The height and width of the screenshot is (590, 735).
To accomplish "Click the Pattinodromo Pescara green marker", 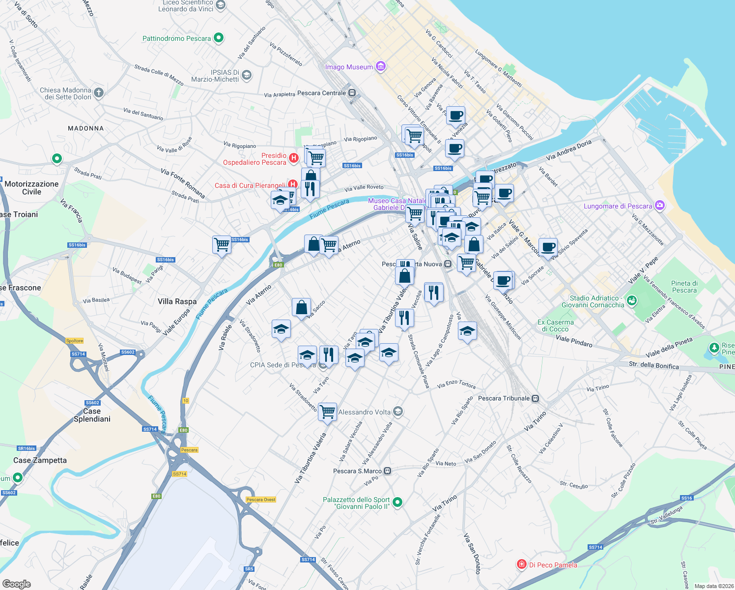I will click(x=219, y=38).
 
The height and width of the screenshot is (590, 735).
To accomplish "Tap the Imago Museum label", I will click(x=349, y=67).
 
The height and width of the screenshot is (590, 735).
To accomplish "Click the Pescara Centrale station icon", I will click(x=352, y=93).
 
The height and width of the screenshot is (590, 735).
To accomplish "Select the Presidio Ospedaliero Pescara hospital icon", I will click(x=293, y=158).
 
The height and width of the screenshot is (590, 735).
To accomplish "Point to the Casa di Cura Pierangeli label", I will click(x=250, y=185).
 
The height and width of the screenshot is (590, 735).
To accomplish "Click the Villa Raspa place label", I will click(x=177, y=301).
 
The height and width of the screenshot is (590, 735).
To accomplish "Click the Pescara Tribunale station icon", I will click(x=536, y=398).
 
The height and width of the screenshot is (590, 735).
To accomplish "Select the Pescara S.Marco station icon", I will click(x=388, y=471).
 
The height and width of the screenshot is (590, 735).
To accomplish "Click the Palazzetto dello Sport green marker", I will click(x=398, y=502).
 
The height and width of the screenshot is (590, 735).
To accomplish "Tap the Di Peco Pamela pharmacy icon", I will click(x=522, y=564).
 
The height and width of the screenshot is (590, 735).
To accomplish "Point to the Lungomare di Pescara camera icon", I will click(x=660, y=206).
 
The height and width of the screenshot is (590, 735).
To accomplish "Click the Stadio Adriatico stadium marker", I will click(x=632, y=300).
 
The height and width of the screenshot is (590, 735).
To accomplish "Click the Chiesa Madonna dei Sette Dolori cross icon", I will click(x=99, y=92).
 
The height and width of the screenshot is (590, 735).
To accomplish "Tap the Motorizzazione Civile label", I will click(x=31, y=188).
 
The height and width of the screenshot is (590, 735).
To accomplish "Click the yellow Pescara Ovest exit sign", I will click(x=261, y=500).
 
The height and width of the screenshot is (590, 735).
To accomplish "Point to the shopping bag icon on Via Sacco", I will click(x=301, y=308).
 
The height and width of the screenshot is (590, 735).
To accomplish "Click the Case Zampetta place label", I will click(x=40, y=460).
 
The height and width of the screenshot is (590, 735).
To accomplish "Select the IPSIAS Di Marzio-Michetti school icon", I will click(x=247, y=75).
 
